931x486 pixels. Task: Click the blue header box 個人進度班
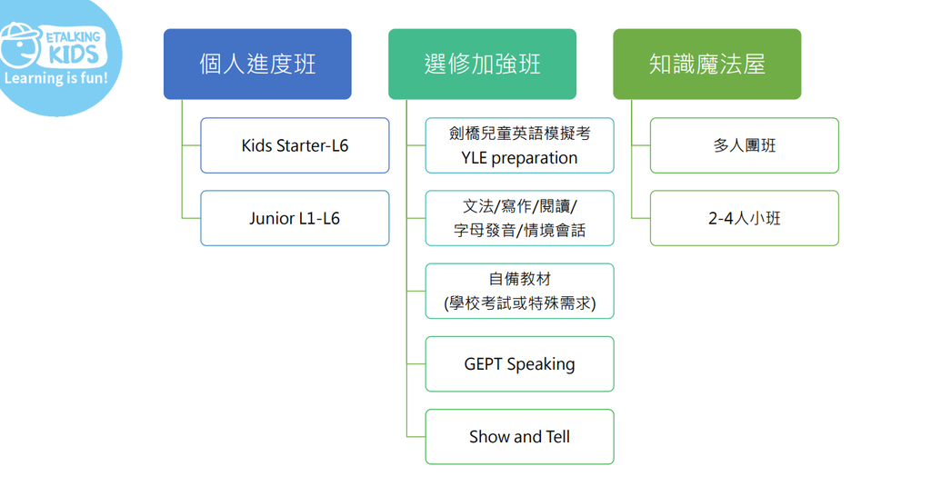pyautogui.click(x=257, y=64)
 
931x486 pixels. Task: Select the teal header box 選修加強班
pyautogui.click(x=482, y=64)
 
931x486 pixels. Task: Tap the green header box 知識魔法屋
pyautogui.click(x=707, y=64)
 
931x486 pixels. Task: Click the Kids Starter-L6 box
pyautogui.click(x=295, y=145)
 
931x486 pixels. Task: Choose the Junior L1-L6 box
pyautogui.click(x=295, y=218)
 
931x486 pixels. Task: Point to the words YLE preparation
pyautogui.click(x=519, y=158)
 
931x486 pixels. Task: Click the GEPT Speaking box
pyautogui.click(x=519, y=363)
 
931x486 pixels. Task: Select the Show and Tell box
pyautogui.click(x=519, y=437)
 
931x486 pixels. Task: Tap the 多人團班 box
pyautogui.click(x=745, y=145)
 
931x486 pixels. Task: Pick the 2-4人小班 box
pyautogui.click(x=745, y=218)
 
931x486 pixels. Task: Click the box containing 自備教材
pyautogui.click(x=519, y=292)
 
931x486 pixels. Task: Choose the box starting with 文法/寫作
pyautogui.click(x=519, y=218)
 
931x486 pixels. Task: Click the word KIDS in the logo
pyautogui.click(x=74, y=55)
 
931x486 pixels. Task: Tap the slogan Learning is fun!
pyautogui.click(x=55, y=78)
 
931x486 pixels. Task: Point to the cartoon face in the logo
pyautogui.click(x=19, y=46)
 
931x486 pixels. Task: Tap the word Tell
pyautogui.click(x=557, y=437)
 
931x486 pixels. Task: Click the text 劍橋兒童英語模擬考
pyautogui.click(x=519, y=134)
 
